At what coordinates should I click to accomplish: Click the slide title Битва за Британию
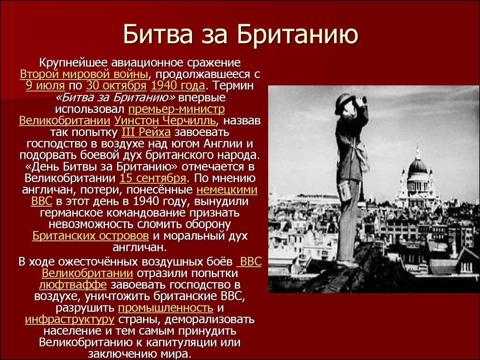pyautogui.click(x=240, y=34)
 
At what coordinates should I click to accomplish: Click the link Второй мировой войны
pyautogui.click(x=84, y=75)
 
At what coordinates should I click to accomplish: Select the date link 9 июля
pyautogui.click(x=45, y=86)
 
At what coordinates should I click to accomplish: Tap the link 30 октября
pyautogui.click(x=116, y=86)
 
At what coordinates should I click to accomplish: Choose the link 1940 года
pyautogui.click(x=178, y=86)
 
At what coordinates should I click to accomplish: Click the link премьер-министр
pyautogui.click(x=176, y=109)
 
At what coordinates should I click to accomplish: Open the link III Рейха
pyautogui.click(x=146, y=132)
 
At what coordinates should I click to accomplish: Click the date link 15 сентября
pyautogui.click(x=153, y=178)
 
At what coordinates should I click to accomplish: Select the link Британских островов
pyautogui.click(x=90, y=236)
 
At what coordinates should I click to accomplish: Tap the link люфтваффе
pyautogui.click(x=73, y=285)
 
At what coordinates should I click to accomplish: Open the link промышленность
pyautogui.click(x=165, y=307)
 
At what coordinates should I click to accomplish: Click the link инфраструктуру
pyautogui.click(x=69, y=320)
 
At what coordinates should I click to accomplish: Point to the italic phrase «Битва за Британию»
pyautogui.click(x=116, y=97)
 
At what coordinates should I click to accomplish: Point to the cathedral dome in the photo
pyautogui.click(x=418, y=166)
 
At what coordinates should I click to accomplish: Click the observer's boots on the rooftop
pyautogui.click(x=347, y=263)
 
